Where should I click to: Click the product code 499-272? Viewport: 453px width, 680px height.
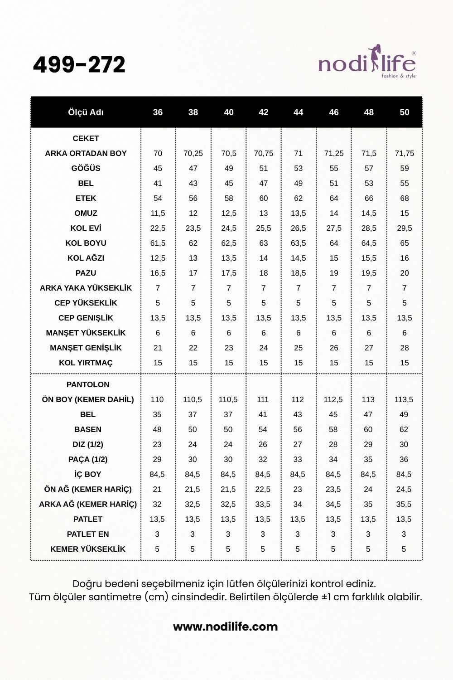pyautogui.click(x=79, y=65)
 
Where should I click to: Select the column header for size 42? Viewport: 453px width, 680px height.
pyautogui.click(x=264, y=112)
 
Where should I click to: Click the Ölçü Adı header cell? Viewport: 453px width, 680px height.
pyautogui.click(x=86, y=112)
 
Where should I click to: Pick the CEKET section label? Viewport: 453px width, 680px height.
pyautogui.click(x=86, y=138)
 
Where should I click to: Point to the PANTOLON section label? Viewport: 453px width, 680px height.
pyautogui.click(x=88, y=384)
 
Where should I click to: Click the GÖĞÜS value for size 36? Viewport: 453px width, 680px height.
pyautogui.click(x=158, y=168)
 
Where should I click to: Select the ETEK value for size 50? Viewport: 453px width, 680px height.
pyautogui.click(x=405, y=198)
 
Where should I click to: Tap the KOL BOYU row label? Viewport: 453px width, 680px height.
pyautogui.click(x=86, y=243)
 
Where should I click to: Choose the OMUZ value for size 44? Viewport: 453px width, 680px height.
pyautogui.click(x=298, y=213)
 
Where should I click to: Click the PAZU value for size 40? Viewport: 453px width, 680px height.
pyautogui.click(x=229, y=273)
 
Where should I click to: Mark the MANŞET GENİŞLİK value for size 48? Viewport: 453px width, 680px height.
pyautogui.click(x=369, y=348)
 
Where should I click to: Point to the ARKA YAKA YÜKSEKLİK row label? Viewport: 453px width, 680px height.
pyautogui.click(x=86, y=288)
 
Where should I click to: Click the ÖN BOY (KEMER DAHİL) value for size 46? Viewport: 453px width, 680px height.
pyautogui.click(x=333, y=399)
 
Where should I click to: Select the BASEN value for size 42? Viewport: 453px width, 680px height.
pyautogui.click(x=263, y=429)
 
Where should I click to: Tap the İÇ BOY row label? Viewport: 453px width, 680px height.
pyautogui.click(x=88, y=474)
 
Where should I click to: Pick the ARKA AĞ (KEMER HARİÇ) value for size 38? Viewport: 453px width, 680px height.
pyautogui.click(x=193, y=504)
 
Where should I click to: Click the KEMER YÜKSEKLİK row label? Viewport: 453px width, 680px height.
pyautogui.click(x=88, y=549)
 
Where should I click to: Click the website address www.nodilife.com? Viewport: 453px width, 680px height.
pyautogui.click(x=226, y=627)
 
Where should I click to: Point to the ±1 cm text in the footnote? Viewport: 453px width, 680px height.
pyautogui.click(x=332, y=597)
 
